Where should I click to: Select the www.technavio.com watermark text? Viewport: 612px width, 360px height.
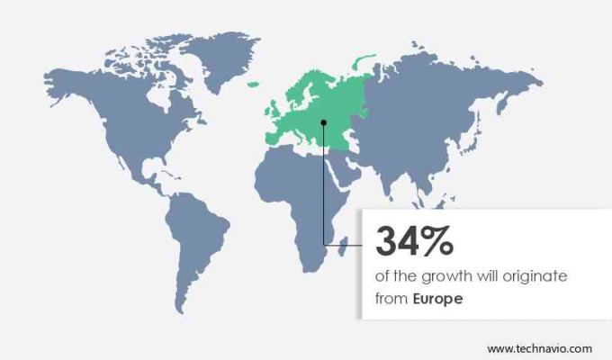tap(540, 347)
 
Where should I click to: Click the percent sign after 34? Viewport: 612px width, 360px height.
tap(436, 240)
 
